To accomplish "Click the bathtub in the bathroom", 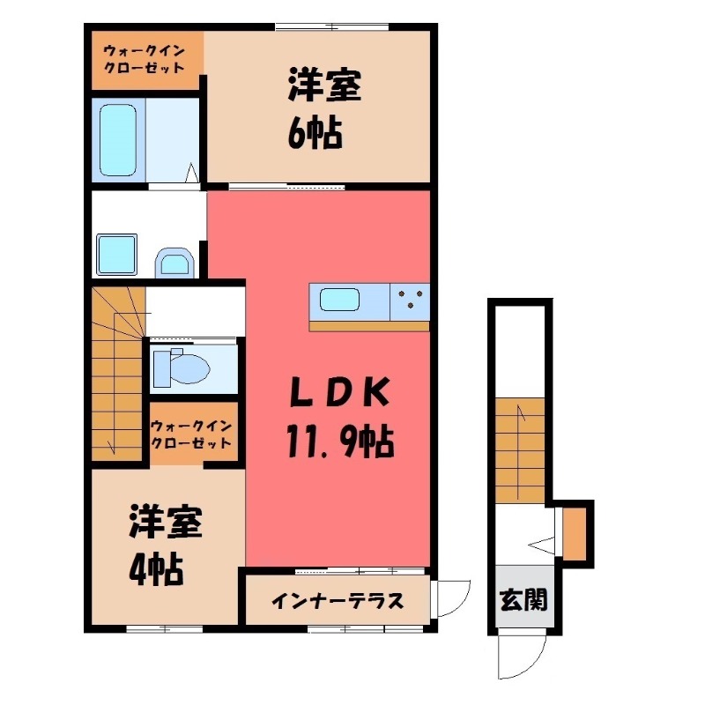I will pyautogui.click(x=117, y=141).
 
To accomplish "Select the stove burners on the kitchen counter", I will pyautogui.click(x=410, y=301).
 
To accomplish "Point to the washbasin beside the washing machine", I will pyautogui.click(x=174, y=261).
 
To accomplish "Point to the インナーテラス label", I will pyautogui.click(x=337, y=602).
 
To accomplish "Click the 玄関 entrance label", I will pyautogui.click(x=524, y=599).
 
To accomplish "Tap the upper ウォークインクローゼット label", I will pyautogui.click(x=146, y=59).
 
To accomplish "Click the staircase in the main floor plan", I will pyautogui.click(x=116, y=375).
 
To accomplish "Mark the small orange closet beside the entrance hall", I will pyautogui.click(x=574, y=531).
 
